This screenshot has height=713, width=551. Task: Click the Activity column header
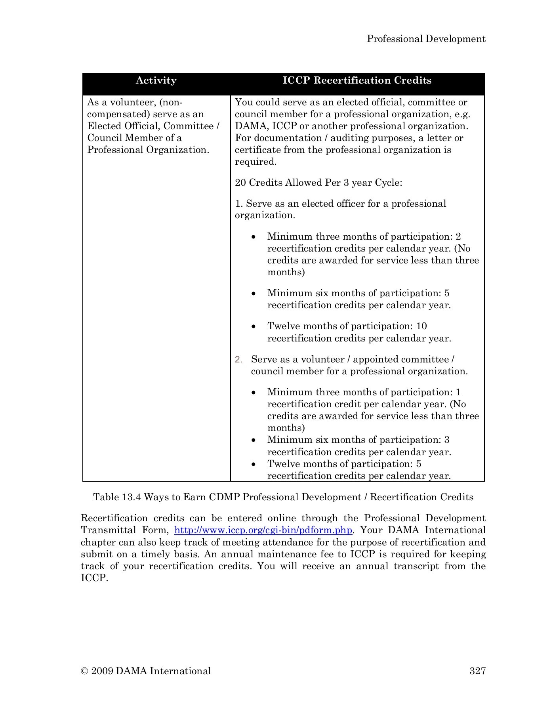pos(156,80)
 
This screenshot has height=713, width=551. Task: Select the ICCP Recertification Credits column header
pos(357,80)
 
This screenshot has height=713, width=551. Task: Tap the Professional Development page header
pos(426,39)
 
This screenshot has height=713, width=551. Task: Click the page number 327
pos(477,671)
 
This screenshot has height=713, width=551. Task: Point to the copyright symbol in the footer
pos(84,671)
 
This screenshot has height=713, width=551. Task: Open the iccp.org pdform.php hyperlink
pos(263,530)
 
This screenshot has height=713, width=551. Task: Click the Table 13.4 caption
pos(283,497)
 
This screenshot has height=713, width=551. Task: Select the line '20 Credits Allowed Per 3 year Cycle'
pos(318,183)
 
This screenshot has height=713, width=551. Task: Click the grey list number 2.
pos(238,360)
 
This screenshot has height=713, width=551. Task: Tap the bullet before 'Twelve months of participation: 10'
pos(254,327)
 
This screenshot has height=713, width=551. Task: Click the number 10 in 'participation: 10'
pos(421,326)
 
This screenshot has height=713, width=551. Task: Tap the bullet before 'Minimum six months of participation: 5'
pos(254,294)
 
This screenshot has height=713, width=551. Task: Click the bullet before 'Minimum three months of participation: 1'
pos(254,393)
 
